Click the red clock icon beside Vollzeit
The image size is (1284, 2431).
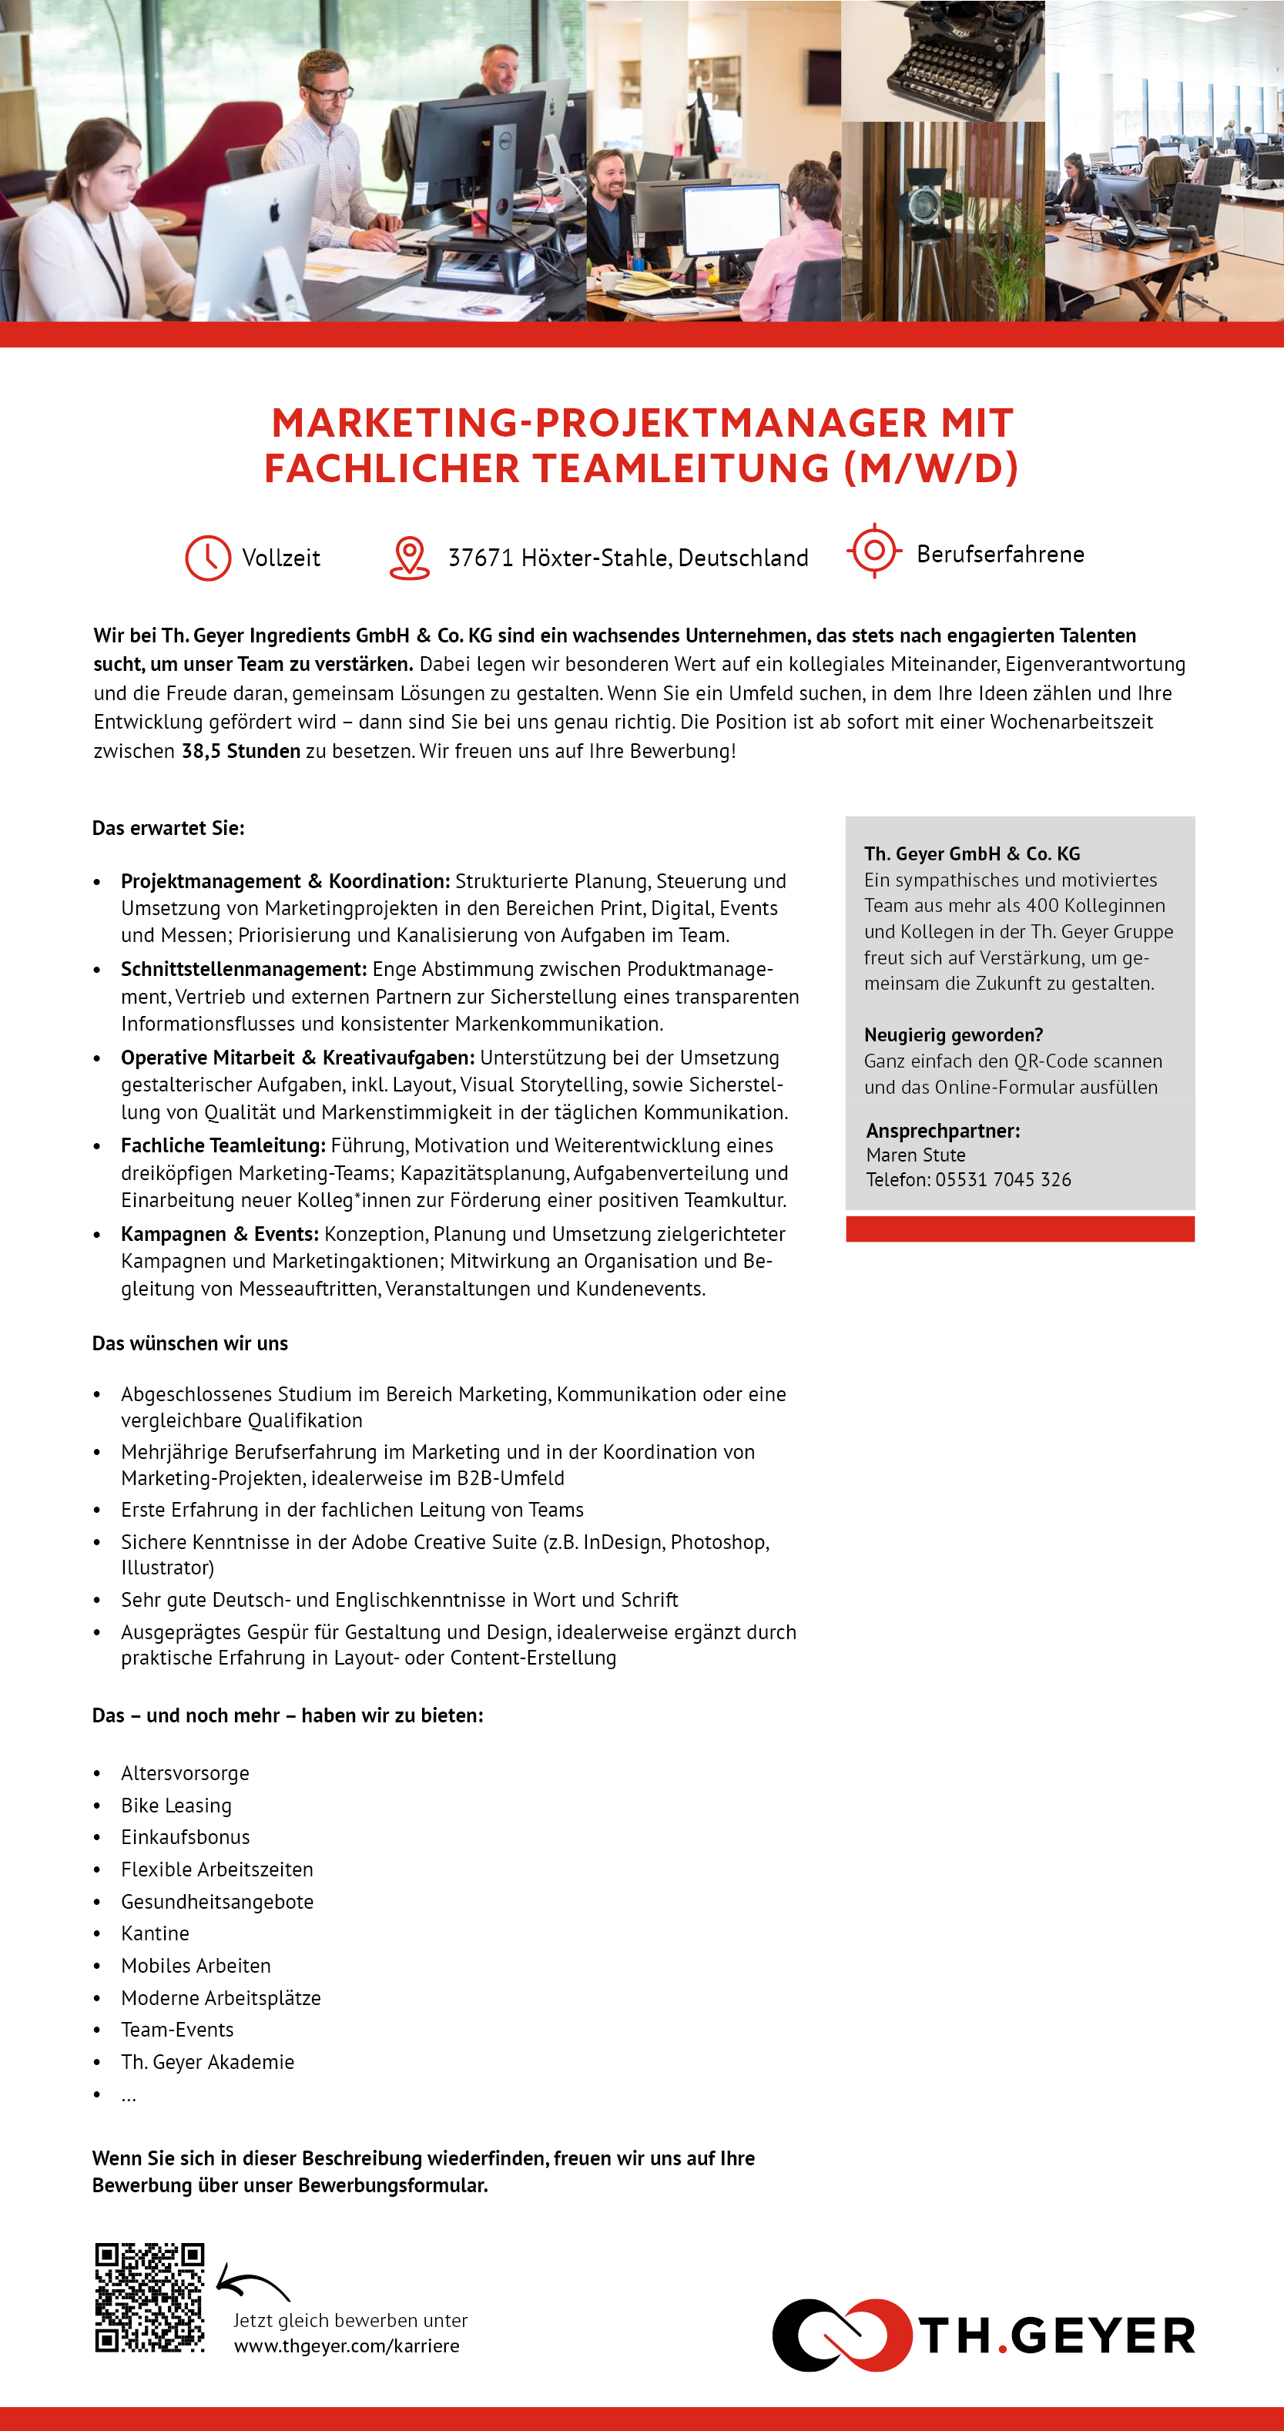click(x=207, y=558)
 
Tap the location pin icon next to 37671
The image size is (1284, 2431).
click(x=410, y=558)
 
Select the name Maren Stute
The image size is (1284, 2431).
click(x=915, y=1155)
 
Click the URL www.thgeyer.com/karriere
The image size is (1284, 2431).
click(x=347, y=2345)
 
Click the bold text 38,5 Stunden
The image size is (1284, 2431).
click(x=240, y=751)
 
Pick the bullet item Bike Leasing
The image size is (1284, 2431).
click(x=176, y=1806)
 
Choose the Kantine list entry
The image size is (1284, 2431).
click(x=155, y=1933)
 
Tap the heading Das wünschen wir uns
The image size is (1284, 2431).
click(x=189, y=1343)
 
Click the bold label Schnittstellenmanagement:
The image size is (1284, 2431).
click(x=243, y=969)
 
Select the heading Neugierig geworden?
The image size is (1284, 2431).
click(x=953, y=1035)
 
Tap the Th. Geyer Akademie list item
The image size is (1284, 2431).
click(x=207, y=2062)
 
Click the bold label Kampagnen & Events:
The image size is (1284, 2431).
click(x=220, y=1235)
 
